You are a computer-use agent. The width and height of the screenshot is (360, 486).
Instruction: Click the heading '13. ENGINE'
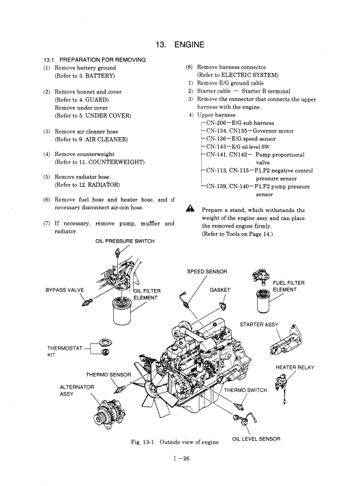(x=180, y=44)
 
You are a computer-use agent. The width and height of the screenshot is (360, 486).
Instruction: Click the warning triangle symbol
(x=190, y=209)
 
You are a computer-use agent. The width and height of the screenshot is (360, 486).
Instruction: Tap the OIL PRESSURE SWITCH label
(x=125, y=241)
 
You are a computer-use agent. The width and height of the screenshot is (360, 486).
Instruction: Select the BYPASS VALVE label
(x=65, y=290)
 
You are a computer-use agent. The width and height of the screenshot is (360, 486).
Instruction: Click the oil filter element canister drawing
(x=123, y=311)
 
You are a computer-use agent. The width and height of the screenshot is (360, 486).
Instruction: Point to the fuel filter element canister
(x=263, y=301)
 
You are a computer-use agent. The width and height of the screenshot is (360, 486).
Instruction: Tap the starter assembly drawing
(x=286, y=341)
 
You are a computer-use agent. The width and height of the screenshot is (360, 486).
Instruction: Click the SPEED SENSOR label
(x=207, y=271)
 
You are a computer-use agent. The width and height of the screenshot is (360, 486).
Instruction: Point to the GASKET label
(x=220, y=290)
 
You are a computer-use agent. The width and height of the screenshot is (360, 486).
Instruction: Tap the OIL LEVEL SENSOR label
(x=256, y=439)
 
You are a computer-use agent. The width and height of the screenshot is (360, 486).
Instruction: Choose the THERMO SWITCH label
(x=245, y=390)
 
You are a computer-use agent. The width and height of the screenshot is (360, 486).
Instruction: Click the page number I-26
(x=181, y=459)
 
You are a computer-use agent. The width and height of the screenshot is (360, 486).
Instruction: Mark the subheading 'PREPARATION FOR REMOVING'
(x=103, y=60)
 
